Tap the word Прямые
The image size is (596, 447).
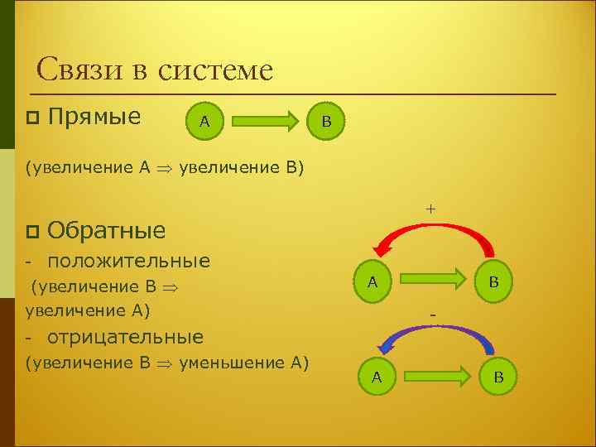click(x=94, y=117)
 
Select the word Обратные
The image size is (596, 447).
click(x=107, y=229)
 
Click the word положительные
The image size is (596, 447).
click(x=129, y=262)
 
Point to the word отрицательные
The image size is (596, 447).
click(x=126, y=337)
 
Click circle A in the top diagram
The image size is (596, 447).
click(x=204, y=123)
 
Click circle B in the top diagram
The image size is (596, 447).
click(x=326, y=122)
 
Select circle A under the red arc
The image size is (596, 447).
click(x=373, y=281)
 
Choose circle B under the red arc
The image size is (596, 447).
click(x=493, y=281)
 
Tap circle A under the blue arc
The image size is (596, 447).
click(x=377, y=377)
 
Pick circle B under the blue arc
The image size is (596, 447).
click(x=498, y=377)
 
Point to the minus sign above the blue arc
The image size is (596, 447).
click(x=432, y=315)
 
